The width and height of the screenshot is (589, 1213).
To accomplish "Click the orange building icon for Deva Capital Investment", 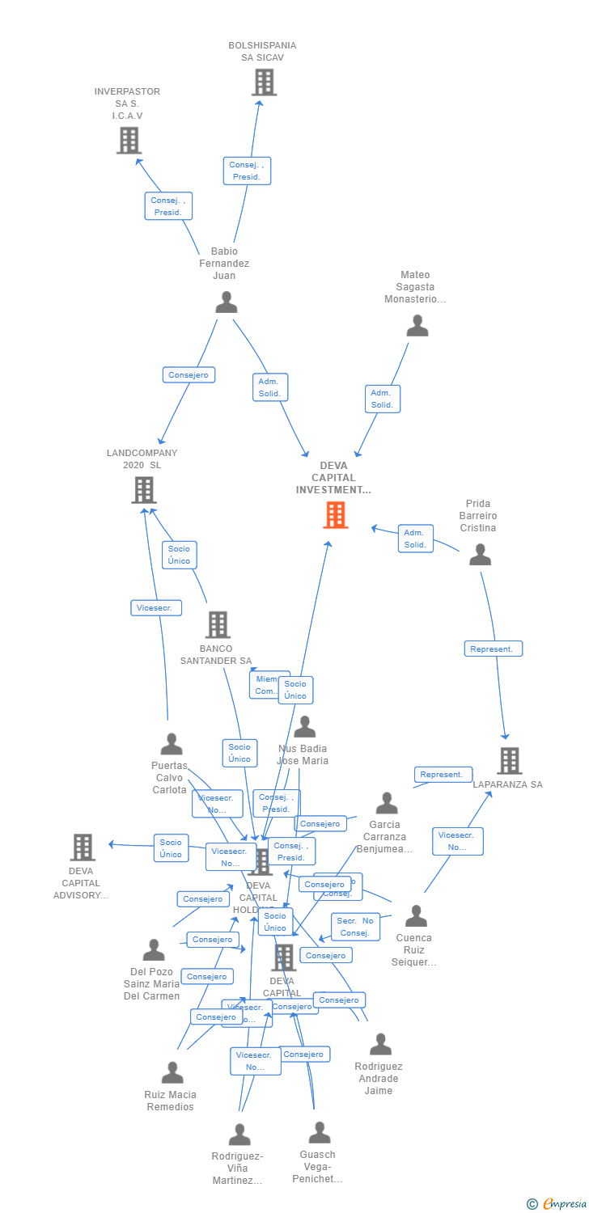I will pos(335,515).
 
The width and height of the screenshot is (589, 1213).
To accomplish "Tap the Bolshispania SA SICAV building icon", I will pos(264,82).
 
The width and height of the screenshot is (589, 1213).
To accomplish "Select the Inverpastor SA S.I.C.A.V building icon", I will pos(129,141).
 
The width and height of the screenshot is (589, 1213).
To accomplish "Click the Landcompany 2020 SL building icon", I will pos(143,490).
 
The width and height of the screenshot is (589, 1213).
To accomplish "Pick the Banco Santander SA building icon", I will pos(217,624).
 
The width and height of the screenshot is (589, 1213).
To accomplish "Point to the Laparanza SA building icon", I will pos(508,761).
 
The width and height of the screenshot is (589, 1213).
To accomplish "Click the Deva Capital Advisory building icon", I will pos(82,847).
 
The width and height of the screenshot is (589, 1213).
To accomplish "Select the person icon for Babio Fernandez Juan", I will pos(227,302).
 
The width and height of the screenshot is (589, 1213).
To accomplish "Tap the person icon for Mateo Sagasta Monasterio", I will pos(417,326).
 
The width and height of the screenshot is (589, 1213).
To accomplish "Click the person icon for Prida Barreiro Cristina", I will pos(480,555).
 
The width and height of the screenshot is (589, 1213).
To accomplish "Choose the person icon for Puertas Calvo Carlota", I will pos(171,744).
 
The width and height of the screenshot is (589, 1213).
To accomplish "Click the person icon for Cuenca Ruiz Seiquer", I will pos(415,916).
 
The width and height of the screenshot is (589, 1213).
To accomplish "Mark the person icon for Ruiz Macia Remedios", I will pos(172,1073).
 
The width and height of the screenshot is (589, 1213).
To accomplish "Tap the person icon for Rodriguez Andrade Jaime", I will pos(379,1045).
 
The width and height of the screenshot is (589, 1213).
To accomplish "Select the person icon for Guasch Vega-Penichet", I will pos(319,1133).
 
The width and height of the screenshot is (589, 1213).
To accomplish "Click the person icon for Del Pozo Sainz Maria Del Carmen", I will pos(153,950).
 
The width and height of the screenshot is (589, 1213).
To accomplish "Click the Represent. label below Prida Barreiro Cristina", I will pos(493,649).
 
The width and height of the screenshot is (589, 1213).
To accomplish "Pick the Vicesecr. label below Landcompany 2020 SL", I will pos(156,608).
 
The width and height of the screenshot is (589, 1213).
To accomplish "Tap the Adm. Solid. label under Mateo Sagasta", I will pos(382,399).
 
